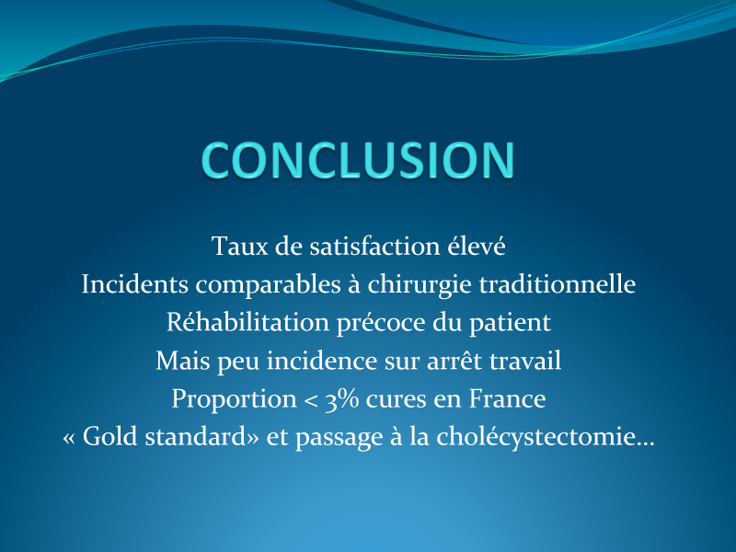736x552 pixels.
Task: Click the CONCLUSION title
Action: [358, 160]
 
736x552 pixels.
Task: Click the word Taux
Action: [239, 246]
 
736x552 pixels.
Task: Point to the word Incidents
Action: [135, 284]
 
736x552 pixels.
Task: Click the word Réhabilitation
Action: [247, 322]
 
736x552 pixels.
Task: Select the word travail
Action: [525, 360]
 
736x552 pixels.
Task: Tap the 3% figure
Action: [342, 399]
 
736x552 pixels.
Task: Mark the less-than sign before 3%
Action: [311, 400]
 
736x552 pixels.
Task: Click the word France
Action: [508, 398]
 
